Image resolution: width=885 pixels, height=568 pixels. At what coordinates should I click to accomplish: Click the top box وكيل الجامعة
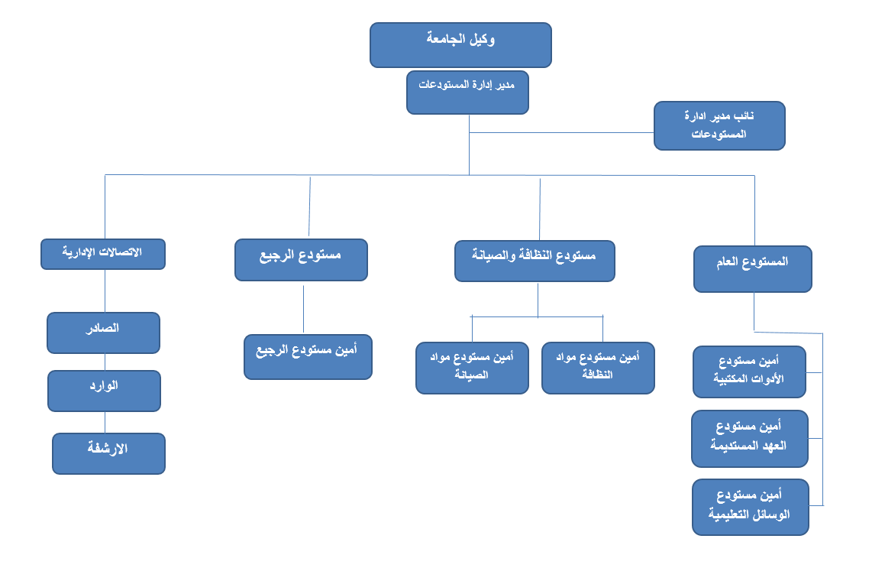(x=460, y=45)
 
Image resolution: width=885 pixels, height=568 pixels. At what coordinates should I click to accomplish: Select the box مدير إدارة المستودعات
(x=467, y=93)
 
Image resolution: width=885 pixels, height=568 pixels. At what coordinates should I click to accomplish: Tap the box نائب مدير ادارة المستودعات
(x=719, y=125)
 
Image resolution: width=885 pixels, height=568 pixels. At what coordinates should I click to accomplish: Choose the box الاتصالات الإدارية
(x=103, y=255)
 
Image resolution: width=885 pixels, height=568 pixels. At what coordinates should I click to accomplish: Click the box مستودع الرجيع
(x=302, y=260)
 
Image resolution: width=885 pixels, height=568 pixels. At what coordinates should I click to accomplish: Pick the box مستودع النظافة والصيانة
(x=535, y=261)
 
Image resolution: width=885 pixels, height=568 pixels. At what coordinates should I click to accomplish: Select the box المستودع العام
(x=753, y=269)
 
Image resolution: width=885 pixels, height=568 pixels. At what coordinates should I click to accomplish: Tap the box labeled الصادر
(x=103, y=333)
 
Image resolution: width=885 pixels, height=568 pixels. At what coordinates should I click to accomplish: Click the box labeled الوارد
(x=105, y=391)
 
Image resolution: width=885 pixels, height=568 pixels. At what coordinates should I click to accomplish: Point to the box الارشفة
(x=109, y=454)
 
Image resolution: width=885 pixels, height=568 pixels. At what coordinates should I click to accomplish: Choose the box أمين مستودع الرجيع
(x=308, y=357)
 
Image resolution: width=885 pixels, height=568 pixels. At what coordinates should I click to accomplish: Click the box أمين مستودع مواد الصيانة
(x=473, y=368)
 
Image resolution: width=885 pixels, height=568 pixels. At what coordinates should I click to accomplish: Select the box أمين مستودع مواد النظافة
(x=599, y=368)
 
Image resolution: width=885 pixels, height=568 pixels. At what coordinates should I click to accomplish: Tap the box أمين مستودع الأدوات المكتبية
(x=750, y=372)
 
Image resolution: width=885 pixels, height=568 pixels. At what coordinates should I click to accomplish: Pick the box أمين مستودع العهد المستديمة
(x=750, y=439)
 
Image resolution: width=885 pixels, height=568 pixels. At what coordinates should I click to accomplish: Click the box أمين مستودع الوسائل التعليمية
(x=751, y=508)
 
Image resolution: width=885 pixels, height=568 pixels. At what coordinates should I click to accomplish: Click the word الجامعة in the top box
(x=446, y=38)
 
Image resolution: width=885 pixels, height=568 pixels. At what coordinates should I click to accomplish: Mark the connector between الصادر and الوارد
(x=105, y=362)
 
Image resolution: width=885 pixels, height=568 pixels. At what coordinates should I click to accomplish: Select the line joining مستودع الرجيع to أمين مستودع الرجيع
(x=304, y=310)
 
